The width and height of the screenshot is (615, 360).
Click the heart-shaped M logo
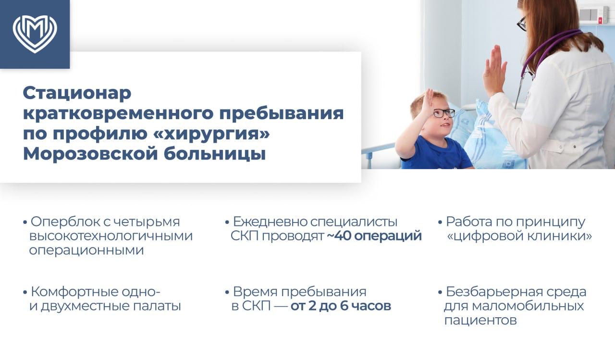(x=35, y=34)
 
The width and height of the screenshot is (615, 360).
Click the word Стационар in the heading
(x=77, y=93)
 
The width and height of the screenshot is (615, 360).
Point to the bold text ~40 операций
(x=374, y=236)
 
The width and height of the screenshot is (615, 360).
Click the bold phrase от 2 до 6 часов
(x=341, y=306)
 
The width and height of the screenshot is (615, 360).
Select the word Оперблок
(x=66, y=222)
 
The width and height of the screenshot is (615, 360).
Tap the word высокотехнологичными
(x=111, y=236)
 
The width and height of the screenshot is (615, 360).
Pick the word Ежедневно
(x=270, y=222)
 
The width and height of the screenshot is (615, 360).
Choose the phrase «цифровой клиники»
(x=519, y=236)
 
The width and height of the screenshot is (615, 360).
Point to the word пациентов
(x=480, y=320)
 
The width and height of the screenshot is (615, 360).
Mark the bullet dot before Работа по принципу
(x=440, y=223)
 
